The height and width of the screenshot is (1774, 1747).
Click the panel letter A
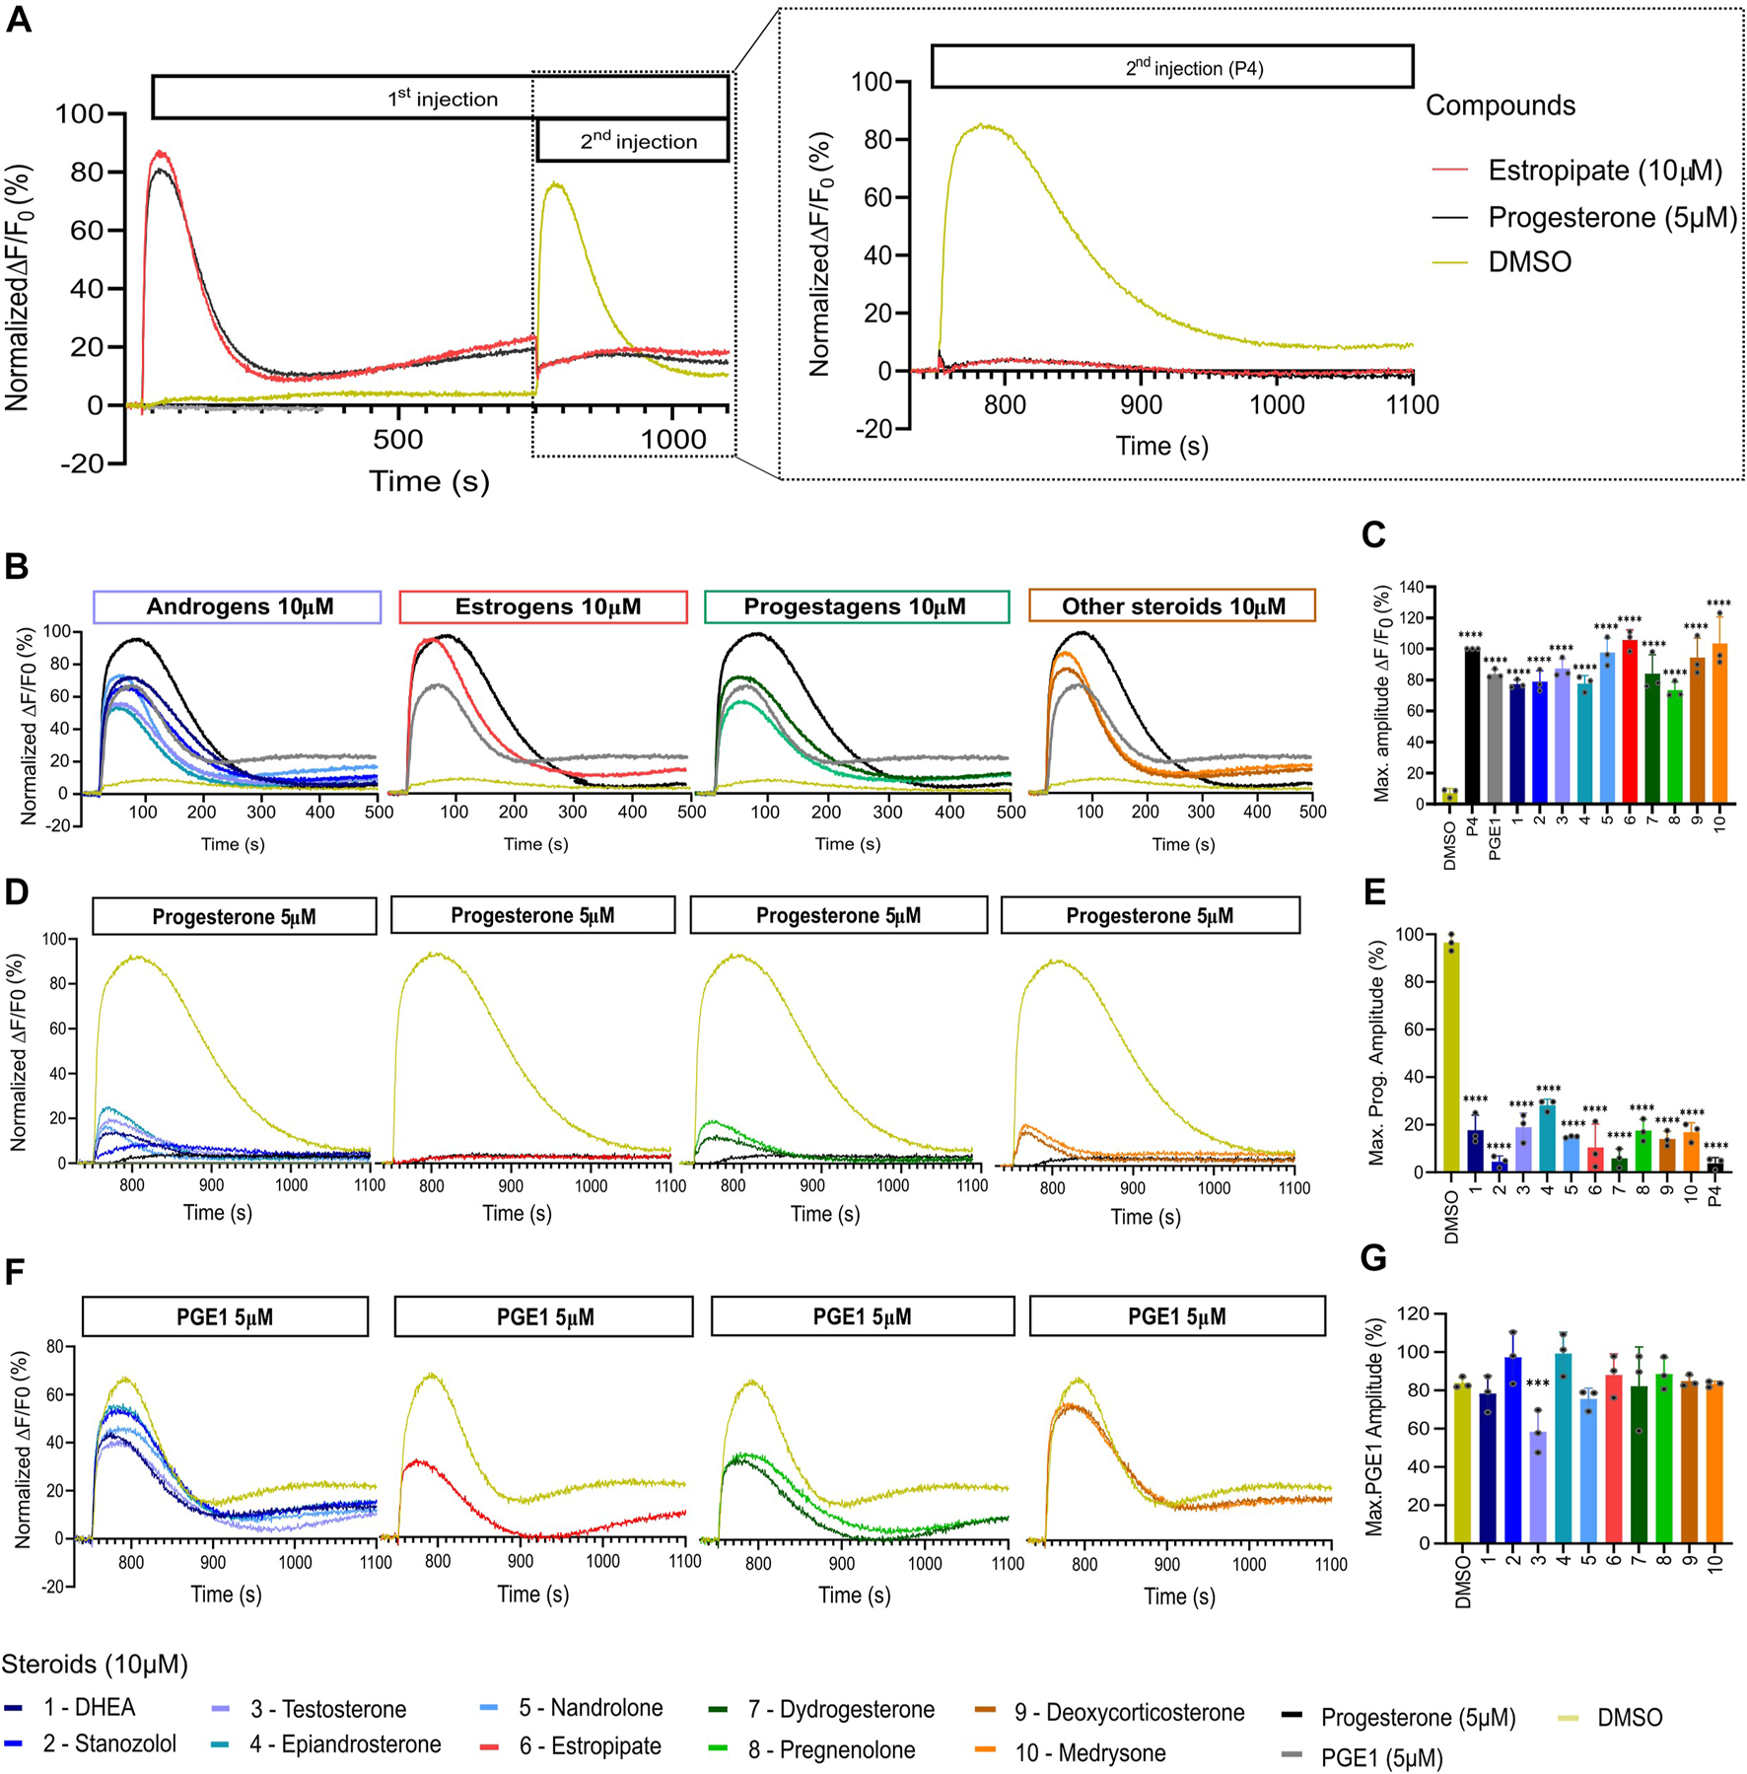click(20, 20)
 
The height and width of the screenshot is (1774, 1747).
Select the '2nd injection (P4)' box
click(1171, 66)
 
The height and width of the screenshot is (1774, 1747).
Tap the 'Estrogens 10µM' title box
click(542, 606)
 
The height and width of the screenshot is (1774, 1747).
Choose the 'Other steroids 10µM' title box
click(1171, 606)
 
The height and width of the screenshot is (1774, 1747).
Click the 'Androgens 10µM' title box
click(238, 606)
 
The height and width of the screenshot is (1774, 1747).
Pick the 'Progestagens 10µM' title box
click(856, 606)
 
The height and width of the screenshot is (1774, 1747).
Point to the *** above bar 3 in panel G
click(1537, 1384)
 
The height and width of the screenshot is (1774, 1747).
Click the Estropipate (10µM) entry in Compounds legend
click(1604, 171)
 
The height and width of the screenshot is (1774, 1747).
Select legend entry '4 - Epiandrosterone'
click(344, 1743)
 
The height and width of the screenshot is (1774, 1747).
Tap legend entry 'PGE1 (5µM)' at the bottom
click(1381, 1757)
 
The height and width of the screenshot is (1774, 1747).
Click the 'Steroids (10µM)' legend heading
click(95, 1665)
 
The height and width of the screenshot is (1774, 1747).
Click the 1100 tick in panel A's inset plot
click(1412, 404)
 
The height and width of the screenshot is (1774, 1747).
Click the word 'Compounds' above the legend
click(1500, 106)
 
